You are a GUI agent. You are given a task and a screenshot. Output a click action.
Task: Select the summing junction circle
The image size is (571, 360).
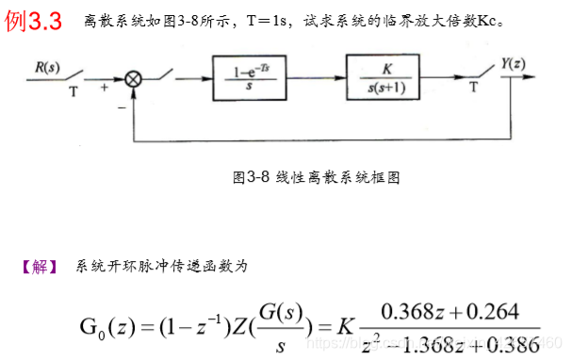pyautogui.click(x=133, y=80)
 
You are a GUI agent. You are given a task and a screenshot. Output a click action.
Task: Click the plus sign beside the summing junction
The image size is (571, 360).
pyautogui.click(x=103, y=87)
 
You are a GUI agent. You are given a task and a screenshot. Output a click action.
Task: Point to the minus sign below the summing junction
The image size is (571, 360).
pyautogui.click(x=120, y=107)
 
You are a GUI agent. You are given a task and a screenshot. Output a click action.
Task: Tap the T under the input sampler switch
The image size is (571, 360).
pyautogui.click(x=73, y=93)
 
